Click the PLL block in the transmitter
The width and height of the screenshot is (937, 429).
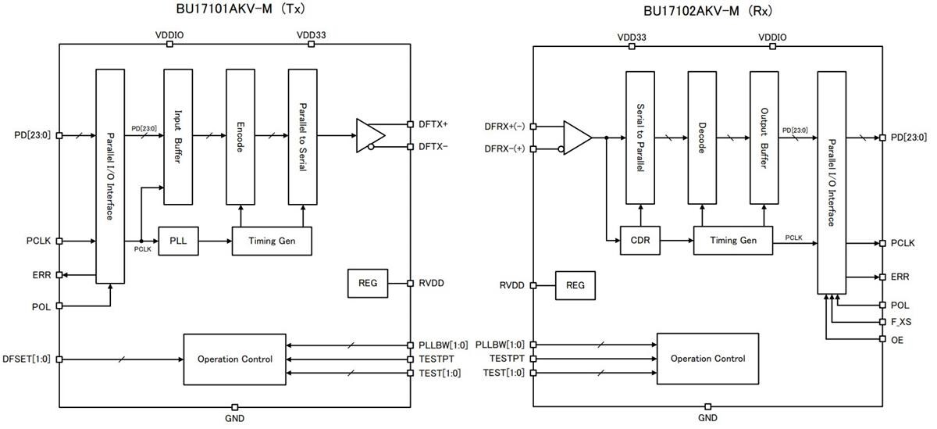click(178, 241)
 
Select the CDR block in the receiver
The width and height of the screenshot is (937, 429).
click(640, 241)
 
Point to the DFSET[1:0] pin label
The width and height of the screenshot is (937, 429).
click(27, 359)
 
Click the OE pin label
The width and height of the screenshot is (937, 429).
click(897, 340)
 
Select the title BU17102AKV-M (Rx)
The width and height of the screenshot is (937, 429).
click(707, 11)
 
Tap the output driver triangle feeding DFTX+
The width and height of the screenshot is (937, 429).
click(367, 135)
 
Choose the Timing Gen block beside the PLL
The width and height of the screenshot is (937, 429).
click(272, 241)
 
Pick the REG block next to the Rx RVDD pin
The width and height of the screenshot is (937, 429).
click(575, 285)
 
